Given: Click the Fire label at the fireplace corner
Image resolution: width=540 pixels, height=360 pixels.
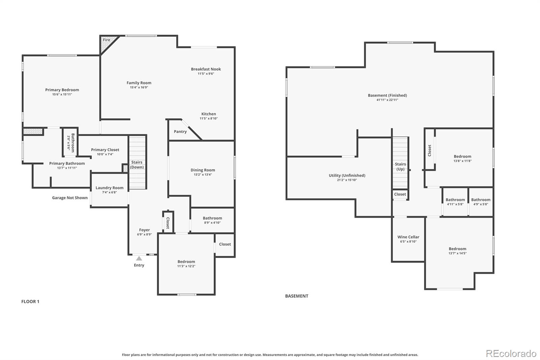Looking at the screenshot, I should pyautogui.click(x=107, y=40).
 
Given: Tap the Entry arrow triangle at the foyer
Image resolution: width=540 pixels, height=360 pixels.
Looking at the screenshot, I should pyautogui.click(x=139, y=258).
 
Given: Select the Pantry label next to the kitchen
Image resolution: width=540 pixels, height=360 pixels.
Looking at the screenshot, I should pyautogui.click(x=180, y=132).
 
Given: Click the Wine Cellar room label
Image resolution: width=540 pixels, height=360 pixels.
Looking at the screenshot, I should pyautogui.click(x=408, y=237).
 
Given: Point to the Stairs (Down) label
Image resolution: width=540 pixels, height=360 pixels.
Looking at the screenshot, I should pyautogui.click(x=137, y=165).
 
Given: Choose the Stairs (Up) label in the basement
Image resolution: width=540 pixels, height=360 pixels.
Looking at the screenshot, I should pyautogui.click(x=400, y=166).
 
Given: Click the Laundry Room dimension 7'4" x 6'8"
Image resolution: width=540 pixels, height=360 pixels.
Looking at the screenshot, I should pyautogui.click(x=109, y=192).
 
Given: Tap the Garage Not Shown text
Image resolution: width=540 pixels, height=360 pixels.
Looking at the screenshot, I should pyautogui.click(x=70, y=198).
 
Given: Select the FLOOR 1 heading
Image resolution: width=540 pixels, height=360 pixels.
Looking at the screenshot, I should pyautogui.click(x=30, y=302).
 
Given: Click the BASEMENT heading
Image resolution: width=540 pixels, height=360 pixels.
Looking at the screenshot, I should pyautogui.click(x=297, y=296).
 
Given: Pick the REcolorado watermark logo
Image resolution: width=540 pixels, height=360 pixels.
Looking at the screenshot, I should pyautogui.click(x=511, y=354).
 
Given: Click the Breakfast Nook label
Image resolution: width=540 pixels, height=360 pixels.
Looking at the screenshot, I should pyautogui.click(x=206, y=69).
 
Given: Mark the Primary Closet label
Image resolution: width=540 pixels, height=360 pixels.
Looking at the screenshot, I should pyautogui.click(x=105, y=150).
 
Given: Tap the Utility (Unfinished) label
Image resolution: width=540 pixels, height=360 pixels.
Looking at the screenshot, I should pyautogui.click(x=347, y=176).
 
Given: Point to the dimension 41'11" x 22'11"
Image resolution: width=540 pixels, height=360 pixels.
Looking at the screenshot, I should pyautogui.click(x=387, y=100).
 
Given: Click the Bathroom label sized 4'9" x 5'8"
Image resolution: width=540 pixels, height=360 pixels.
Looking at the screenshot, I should pyautogui.click(x=481, y=200).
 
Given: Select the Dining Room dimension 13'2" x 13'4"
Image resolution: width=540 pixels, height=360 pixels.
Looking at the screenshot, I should pyautogui.click(x=202, y=175).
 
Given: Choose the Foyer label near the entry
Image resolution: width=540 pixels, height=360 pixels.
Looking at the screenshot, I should pyautogui.click(x=144, y=230).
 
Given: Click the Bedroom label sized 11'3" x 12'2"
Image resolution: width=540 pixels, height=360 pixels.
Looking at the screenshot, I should pyautogui.click(x=186, y=262).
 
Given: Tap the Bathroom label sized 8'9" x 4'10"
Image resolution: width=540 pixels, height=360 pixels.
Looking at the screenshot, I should pyautogui.click(x=212, y=218).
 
